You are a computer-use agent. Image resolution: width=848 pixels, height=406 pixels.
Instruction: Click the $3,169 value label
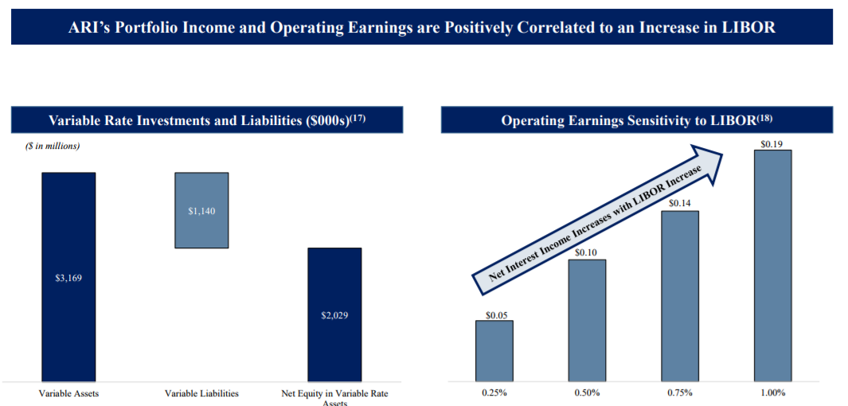[68, 278]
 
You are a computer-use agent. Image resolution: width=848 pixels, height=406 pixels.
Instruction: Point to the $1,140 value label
[201, 211]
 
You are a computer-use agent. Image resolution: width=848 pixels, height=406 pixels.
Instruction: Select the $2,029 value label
[334, 315]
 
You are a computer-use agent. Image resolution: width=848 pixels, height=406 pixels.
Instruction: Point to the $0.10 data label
[587, 253]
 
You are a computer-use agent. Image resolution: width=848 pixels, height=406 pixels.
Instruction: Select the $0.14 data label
[679, 204]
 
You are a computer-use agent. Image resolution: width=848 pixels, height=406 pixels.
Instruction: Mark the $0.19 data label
[772, 144]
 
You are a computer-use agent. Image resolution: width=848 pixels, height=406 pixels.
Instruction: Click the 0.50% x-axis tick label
[587, 393]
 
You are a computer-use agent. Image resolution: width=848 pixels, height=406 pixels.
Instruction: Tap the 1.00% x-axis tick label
[772, 393]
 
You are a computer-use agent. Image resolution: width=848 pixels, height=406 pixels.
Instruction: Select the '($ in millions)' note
[53, 146]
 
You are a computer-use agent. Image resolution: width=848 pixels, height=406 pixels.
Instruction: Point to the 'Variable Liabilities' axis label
[201, 393]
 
